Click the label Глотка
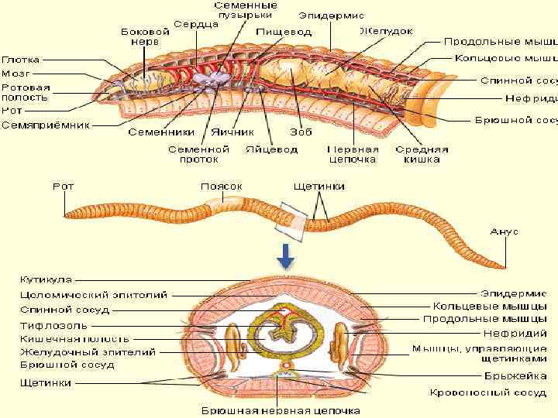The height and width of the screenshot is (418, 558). click(21, 60)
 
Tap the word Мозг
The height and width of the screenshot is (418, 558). click(16, 73)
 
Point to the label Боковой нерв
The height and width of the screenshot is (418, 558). click(145, 38)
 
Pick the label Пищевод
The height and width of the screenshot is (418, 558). click(274, 33)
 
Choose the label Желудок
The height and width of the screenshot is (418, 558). click(386, 31)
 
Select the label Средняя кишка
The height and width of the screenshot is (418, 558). click(422, 154)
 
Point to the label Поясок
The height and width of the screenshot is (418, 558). click(222, 187)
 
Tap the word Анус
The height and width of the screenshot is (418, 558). click(505, 231)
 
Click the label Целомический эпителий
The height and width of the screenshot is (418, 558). click(93, 294)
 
